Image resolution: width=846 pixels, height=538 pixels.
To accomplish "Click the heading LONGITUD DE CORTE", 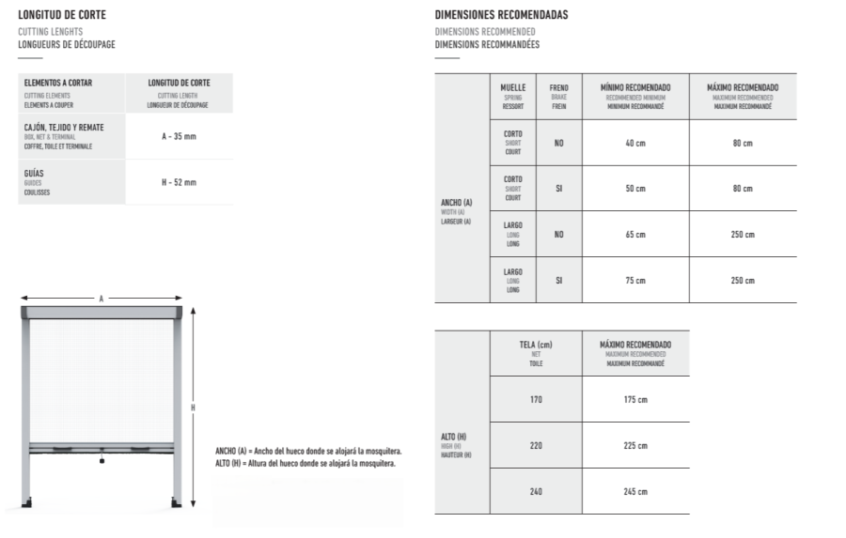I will pyautogui.click(x=62, y=16).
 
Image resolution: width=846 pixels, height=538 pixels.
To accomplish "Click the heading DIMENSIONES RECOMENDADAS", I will pyautogui.click(x=502, y=16).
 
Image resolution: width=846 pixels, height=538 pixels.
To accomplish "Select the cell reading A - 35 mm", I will pyautogui.click(x=179, y=136).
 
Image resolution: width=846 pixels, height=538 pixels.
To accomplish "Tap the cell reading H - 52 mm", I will pyautogui.click(x=179, y=182).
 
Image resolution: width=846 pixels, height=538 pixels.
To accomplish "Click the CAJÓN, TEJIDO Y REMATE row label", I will pyautogui.click(x=64, y=127).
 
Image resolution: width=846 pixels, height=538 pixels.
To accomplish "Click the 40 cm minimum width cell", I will pyautogui.click(x=635, y=143).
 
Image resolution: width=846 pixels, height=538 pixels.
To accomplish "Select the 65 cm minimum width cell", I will pyautogui.click(x=635, y=234).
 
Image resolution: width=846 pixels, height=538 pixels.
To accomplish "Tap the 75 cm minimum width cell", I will pyautogui.click(x=635, y=280).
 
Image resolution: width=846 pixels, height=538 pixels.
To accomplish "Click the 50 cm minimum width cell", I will pyautogui.click(x=635, y=189).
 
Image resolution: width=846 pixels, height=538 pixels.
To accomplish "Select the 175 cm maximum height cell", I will pyautogui.click(x=635, y=400).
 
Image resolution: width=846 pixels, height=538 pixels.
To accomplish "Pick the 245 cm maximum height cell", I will pyautogui.click(x=635, y=491).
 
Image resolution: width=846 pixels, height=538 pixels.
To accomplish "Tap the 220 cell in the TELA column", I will pyautogui.click(x=536, y=445).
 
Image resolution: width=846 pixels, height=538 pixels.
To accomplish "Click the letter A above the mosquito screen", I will pyautogui.click(x=102, y=299).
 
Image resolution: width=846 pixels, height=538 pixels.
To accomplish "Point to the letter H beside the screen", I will pyautogui.click(x=193, y=407).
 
